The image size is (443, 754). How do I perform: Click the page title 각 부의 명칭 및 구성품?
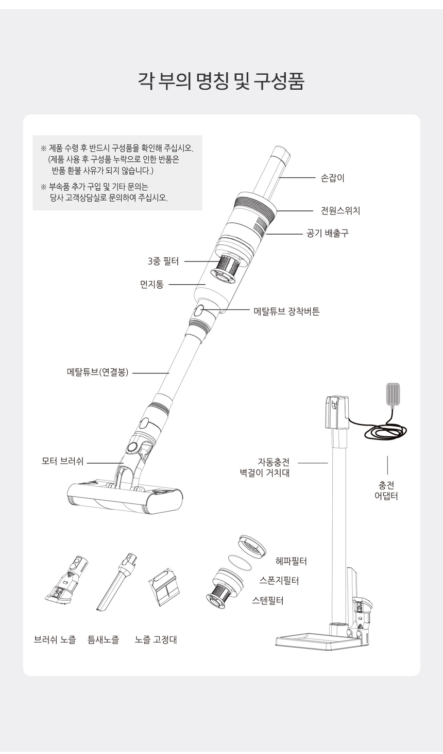[221, 81]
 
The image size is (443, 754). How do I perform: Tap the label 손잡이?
[332, 178]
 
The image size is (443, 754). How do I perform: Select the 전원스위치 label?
[340, 211]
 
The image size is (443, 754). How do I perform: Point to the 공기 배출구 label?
[328, 233]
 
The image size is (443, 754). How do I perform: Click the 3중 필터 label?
[163, 261]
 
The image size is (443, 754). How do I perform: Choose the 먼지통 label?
[151, 285]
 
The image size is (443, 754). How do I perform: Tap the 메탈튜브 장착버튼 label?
[286, 311]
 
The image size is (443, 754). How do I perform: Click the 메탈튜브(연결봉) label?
[97, 372]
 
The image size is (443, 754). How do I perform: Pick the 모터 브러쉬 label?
[62, 461]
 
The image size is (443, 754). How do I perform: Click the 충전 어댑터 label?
[386, 490]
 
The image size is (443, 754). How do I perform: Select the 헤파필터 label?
[291, 561]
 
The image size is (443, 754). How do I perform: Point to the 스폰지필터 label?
[279, 581]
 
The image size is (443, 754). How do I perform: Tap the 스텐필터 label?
[267, 600]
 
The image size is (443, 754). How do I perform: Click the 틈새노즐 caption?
[103, 640]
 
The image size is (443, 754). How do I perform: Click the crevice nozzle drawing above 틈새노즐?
[117, 582]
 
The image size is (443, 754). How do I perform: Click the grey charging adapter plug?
[393, 394]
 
